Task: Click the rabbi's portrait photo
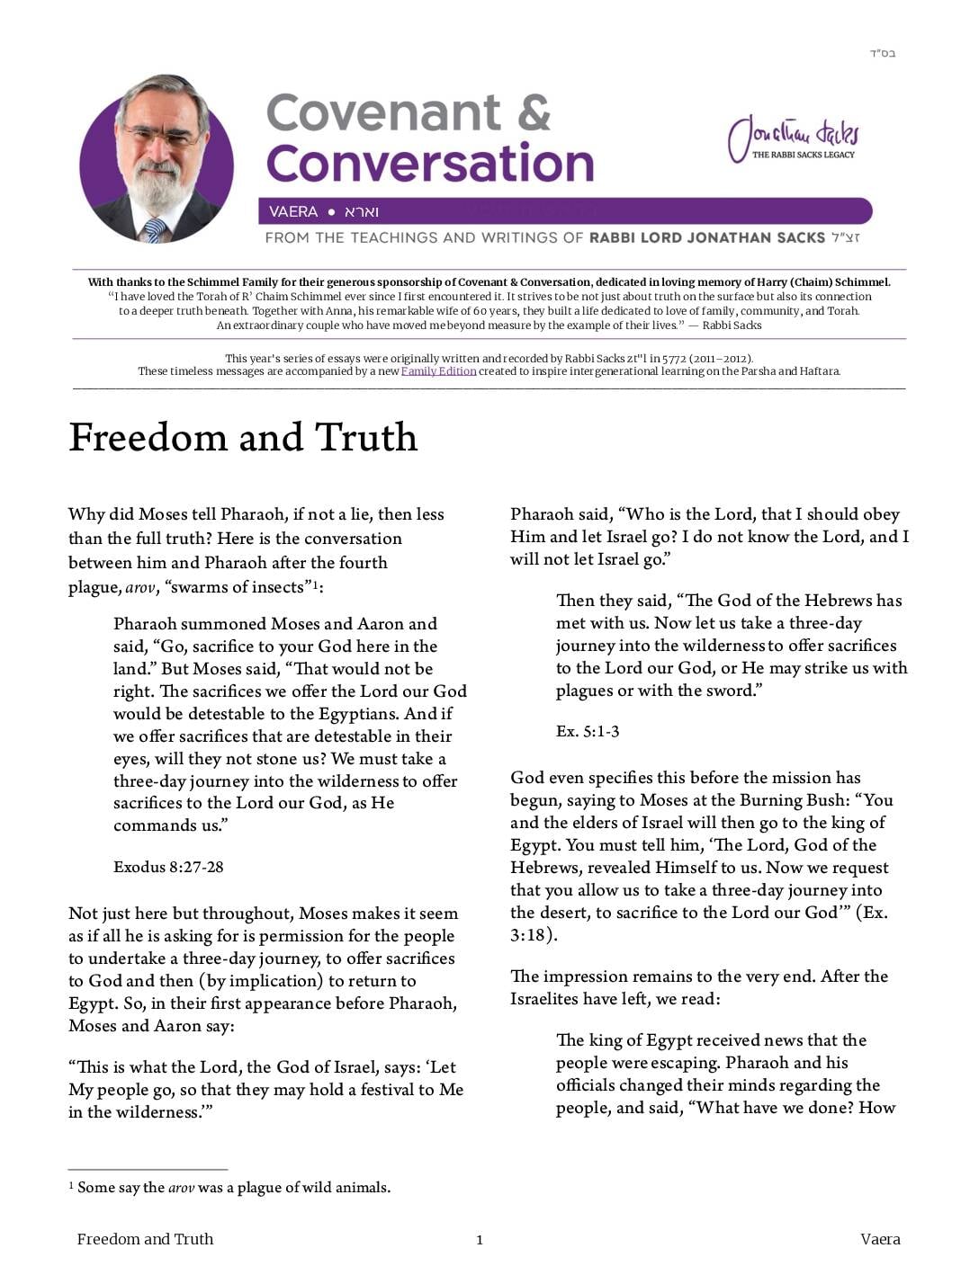pos(157,160)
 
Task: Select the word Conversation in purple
pos(430,164)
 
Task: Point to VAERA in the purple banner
pos(293,212)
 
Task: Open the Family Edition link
pos(438,371)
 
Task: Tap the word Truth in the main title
pos(366,438)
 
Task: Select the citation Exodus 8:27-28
pos(168,868)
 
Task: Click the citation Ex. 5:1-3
pos(588,732)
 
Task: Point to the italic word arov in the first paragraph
pos(139,588)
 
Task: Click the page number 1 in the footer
pos(480,1241)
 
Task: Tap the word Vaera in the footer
pos(880,1240)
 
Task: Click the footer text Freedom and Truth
pos(145,1240)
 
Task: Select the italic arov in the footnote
pos(181,1188)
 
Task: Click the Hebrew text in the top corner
pos(882,53)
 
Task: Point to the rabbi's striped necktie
pos(155,230)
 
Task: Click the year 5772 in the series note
pos(674,358)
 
